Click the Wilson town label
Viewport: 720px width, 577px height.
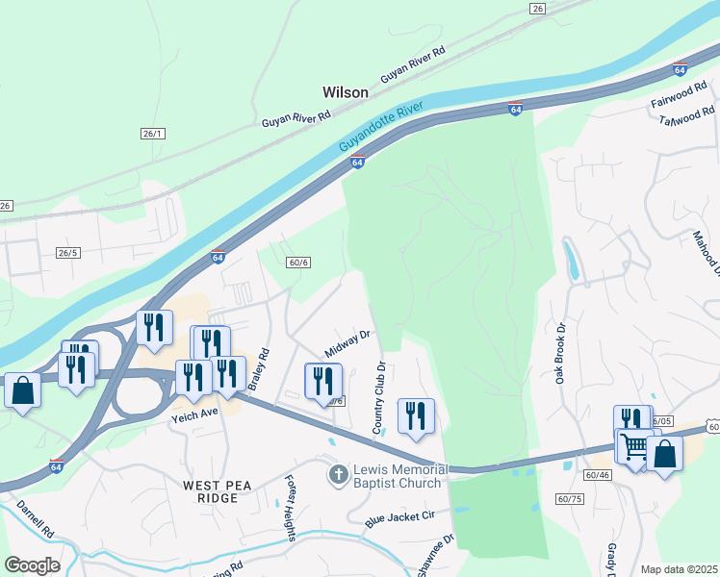(x=345, y=92)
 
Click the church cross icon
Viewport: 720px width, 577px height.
(x=338, y=475)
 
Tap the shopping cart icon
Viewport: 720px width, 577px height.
(x=635, y=447)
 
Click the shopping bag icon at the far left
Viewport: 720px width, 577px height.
(x=22, y=391)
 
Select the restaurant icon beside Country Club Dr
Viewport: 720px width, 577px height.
(x=416, y=416)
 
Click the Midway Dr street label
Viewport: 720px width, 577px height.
(x=347, y=340)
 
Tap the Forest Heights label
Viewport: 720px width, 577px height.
(x=289, y=509)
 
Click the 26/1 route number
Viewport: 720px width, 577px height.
(x=153, y=133)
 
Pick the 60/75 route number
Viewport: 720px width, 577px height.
(x=570, y=498)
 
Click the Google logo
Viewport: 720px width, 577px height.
(x=32, y=565)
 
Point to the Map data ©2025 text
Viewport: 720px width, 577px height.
(x=679, y=569)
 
